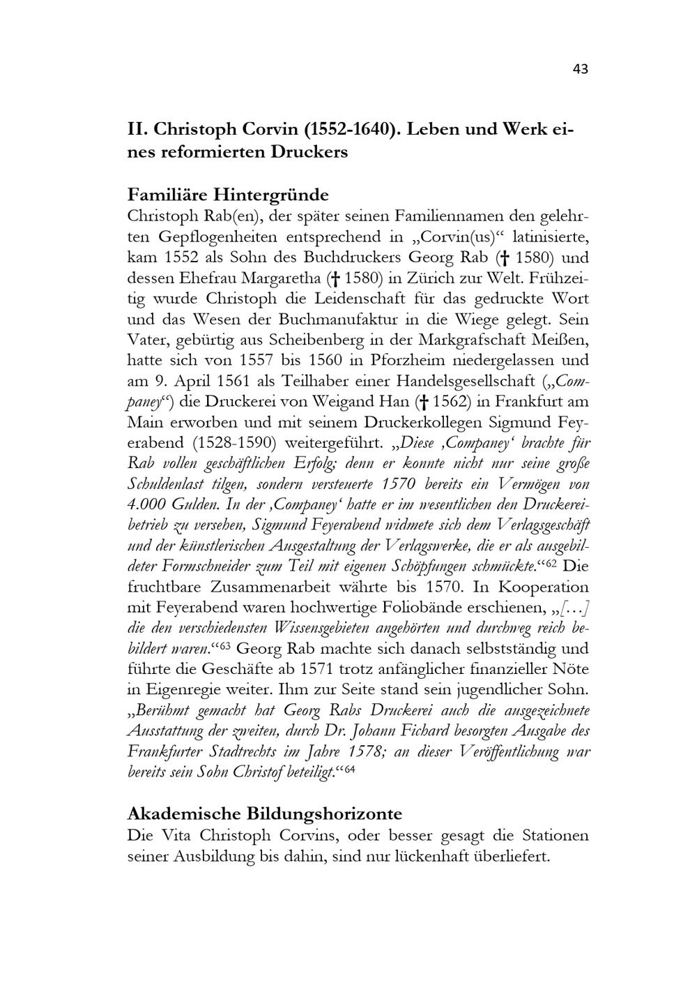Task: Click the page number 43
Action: (x=581, y=68)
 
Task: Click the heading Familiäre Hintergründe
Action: (x=228, y=193)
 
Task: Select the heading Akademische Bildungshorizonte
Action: (x=265, y=813)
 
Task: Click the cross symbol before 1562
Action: (x=422, y=402)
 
